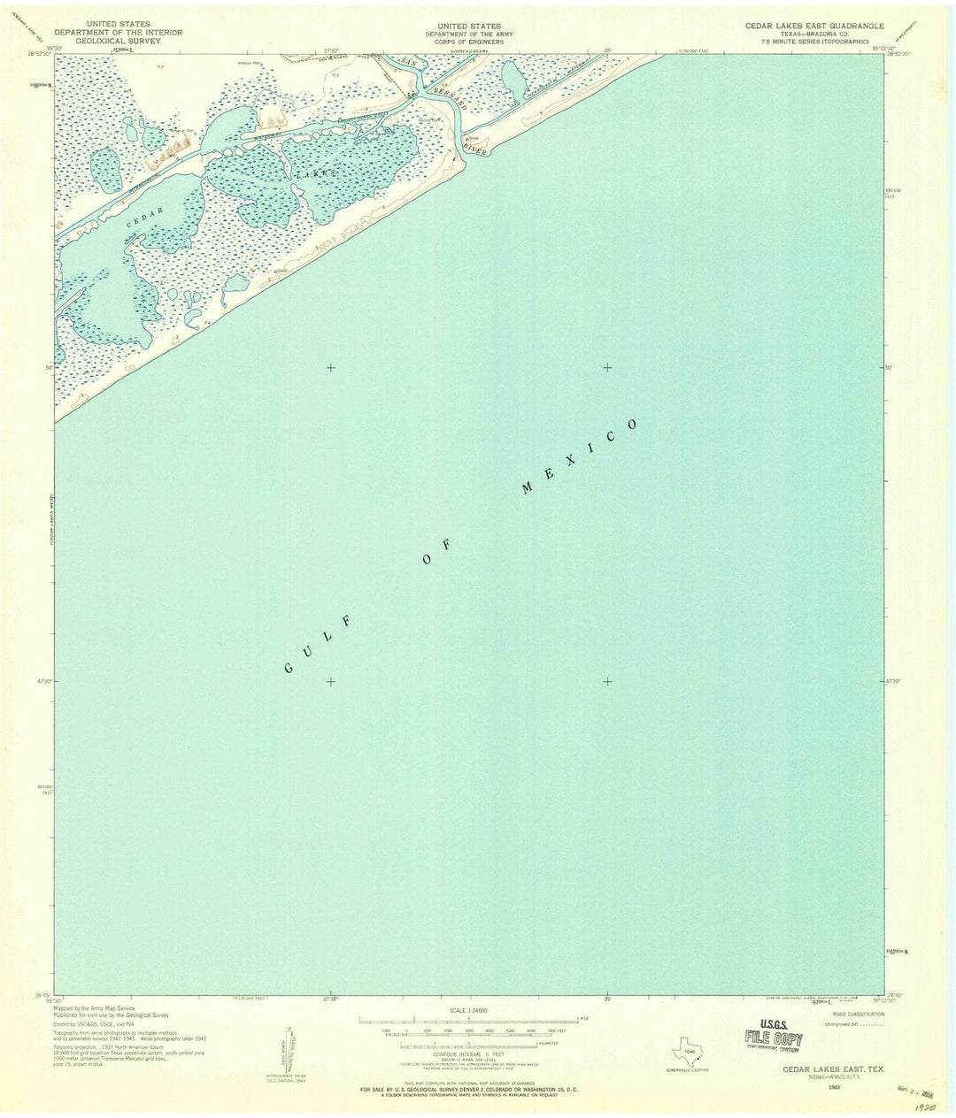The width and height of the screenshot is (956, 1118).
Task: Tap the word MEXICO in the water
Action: pyautogui.click(x=579, y=456)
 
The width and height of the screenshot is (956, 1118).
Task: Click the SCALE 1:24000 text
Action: pyautogui.click(x=468, y=1010)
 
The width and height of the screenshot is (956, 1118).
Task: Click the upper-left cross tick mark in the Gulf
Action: pyautogui.click(x=330, y=367)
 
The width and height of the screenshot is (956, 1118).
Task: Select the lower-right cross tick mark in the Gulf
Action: pyautogui.click(x=607, y=681)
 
